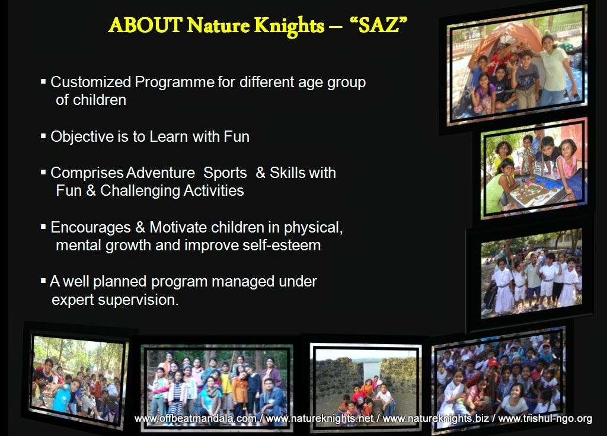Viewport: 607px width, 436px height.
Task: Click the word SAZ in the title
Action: click(379, 25)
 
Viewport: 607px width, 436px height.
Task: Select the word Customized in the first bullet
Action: click(91, 82)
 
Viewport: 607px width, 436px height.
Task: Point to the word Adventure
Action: click(161, 173)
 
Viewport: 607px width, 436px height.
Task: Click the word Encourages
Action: click(91, 228)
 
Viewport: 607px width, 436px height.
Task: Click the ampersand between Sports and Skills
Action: click(260, 173)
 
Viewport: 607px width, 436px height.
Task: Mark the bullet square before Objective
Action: click(43, 136)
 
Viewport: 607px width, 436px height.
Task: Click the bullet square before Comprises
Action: click(43, 172)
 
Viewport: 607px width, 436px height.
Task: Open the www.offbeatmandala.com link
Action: click(195, 419)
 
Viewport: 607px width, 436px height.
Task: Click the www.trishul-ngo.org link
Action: click(545, 419)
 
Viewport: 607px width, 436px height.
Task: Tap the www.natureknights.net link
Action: click(320, 419)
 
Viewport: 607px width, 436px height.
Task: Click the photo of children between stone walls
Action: click(366, 386)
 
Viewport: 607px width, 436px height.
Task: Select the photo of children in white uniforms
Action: click(532, 273)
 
